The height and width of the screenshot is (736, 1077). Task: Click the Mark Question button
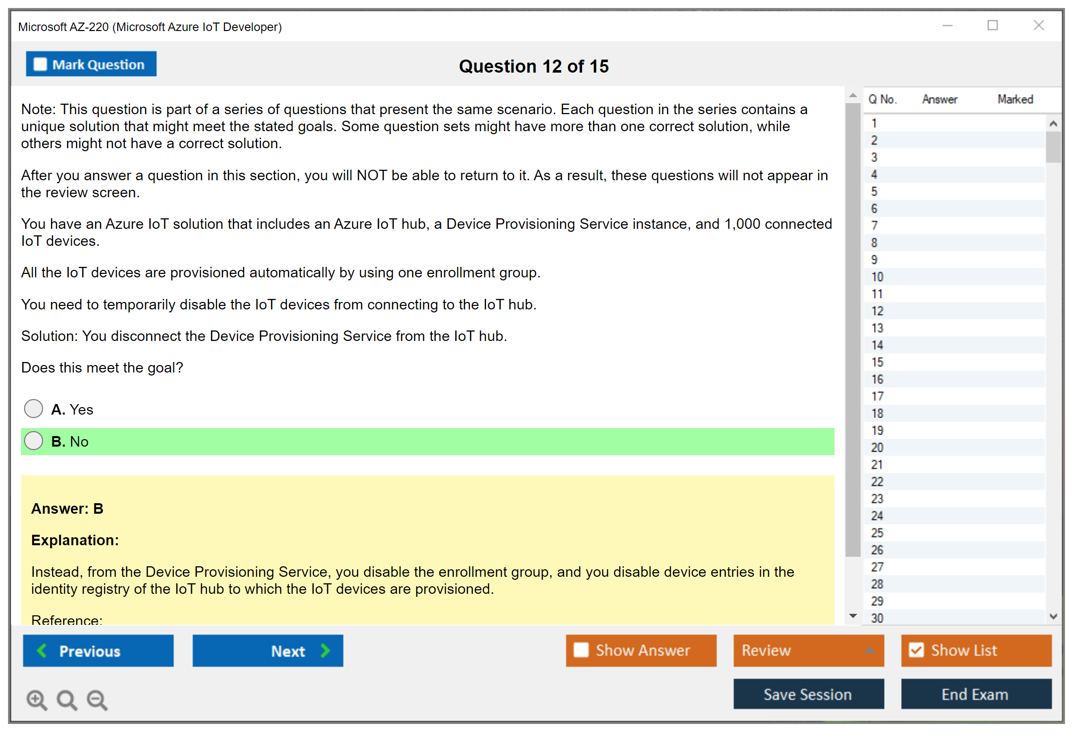pos(91,64)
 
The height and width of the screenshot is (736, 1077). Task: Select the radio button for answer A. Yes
pos(34,409)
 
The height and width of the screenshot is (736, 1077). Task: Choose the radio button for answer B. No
pos(34,441)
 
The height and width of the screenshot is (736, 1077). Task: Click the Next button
pos(268,650)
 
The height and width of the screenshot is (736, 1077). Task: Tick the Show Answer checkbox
pos(582,650)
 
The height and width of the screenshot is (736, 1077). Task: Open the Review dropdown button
pos(809,650)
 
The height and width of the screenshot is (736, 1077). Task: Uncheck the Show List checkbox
pos(917,650)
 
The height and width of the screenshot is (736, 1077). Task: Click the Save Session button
pos(809,694)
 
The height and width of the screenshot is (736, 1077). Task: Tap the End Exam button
pos(976,694)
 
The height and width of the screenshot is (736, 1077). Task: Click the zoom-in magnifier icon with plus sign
pos(37,699)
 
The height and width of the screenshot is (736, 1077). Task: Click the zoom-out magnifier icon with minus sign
pos(97,699)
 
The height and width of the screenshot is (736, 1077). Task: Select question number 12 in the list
pos(877,311)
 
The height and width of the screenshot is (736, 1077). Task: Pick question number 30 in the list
pos(877,618)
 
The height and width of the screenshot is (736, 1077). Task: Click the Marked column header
pos(1015,99)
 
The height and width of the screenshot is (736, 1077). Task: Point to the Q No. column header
pos(882,99)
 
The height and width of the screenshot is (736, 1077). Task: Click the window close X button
pos(1039,25)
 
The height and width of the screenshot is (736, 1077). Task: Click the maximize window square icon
pos(993,25)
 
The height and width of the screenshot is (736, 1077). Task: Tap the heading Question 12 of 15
pos(534,66)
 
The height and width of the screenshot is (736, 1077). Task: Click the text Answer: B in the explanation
pos(67,509)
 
